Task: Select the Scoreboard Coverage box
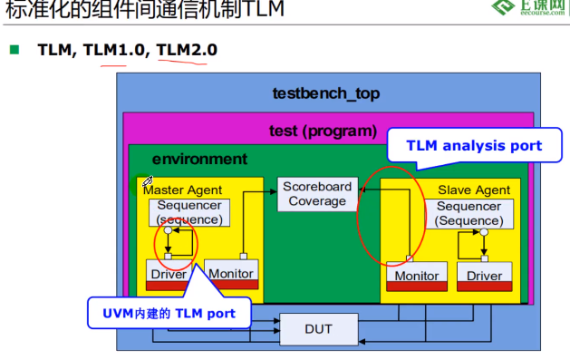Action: [317, 193]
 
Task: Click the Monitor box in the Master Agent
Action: [230, 272]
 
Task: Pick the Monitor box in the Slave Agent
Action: [417, 276]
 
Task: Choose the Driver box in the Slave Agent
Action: [484, 276]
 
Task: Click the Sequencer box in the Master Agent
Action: [188, 212]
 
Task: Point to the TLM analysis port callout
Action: [474, 145]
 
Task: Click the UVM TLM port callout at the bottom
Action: [169, 313]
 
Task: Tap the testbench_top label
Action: [326, 92]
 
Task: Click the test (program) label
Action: [323, 131]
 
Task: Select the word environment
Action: [199, 159]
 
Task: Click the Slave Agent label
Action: [474, 190]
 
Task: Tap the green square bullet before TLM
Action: [14, 50]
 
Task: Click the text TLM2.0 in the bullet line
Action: [187, 50]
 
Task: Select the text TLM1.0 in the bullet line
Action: [114, 50]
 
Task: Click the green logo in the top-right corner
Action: [504, 9]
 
